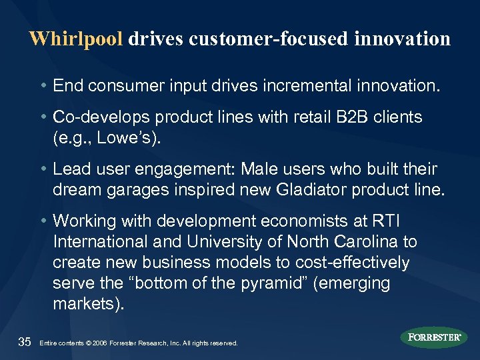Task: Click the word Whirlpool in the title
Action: (76, 39)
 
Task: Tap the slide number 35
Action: (25, 342)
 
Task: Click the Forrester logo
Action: (434, 337)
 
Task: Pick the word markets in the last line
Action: (85, 303)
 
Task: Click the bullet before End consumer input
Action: (43, 86)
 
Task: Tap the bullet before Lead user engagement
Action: (43, 169)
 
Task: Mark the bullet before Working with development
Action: (43, 220)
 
